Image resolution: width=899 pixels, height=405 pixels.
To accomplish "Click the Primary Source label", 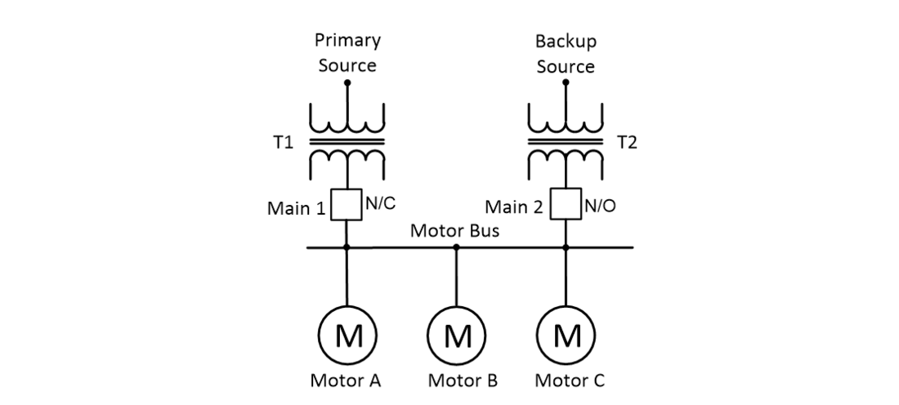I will click(347, 53).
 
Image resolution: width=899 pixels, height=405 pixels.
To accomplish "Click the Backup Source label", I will click(566, 53).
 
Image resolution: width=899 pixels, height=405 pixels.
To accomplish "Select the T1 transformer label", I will click(282, 143).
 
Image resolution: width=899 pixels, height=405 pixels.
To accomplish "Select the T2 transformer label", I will click(627, 143).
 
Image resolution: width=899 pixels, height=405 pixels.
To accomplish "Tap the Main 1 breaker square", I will click(347, 205).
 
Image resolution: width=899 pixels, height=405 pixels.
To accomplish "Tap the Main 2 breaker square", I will click(566, 205).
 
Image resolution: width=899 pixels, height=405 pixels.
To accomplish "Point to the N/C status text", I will click(379, 205).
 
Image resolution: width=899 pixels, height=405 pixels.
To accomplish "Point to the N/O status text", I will click(598, 206).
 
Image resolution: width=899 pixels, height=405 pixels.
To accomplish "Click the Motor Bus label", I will click(454, 231).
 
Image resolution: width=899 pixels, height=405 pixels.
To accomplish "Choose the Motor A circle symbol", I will click(347, 335).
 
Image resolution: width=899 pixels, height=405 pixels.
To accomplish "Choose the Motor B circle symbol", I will click(457, 335).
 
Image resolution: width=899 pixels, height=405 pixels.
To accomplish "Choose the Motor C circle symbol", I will click(566, 335).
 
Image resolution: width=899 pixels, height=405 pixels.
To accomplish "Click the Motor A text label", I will click(346, 381).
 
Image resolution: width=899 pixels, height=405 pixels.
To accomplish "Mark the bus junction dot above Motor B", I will click(457, 247).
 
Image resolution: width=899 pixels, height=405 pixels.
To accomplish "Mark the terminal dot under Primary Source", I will click(347, 82).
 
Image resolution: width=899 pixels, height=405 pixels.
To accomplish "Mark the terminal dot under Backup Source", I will click(566, 82).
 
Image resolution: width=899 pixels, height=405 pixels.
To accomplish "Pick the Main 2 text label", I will click(514, 208).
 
